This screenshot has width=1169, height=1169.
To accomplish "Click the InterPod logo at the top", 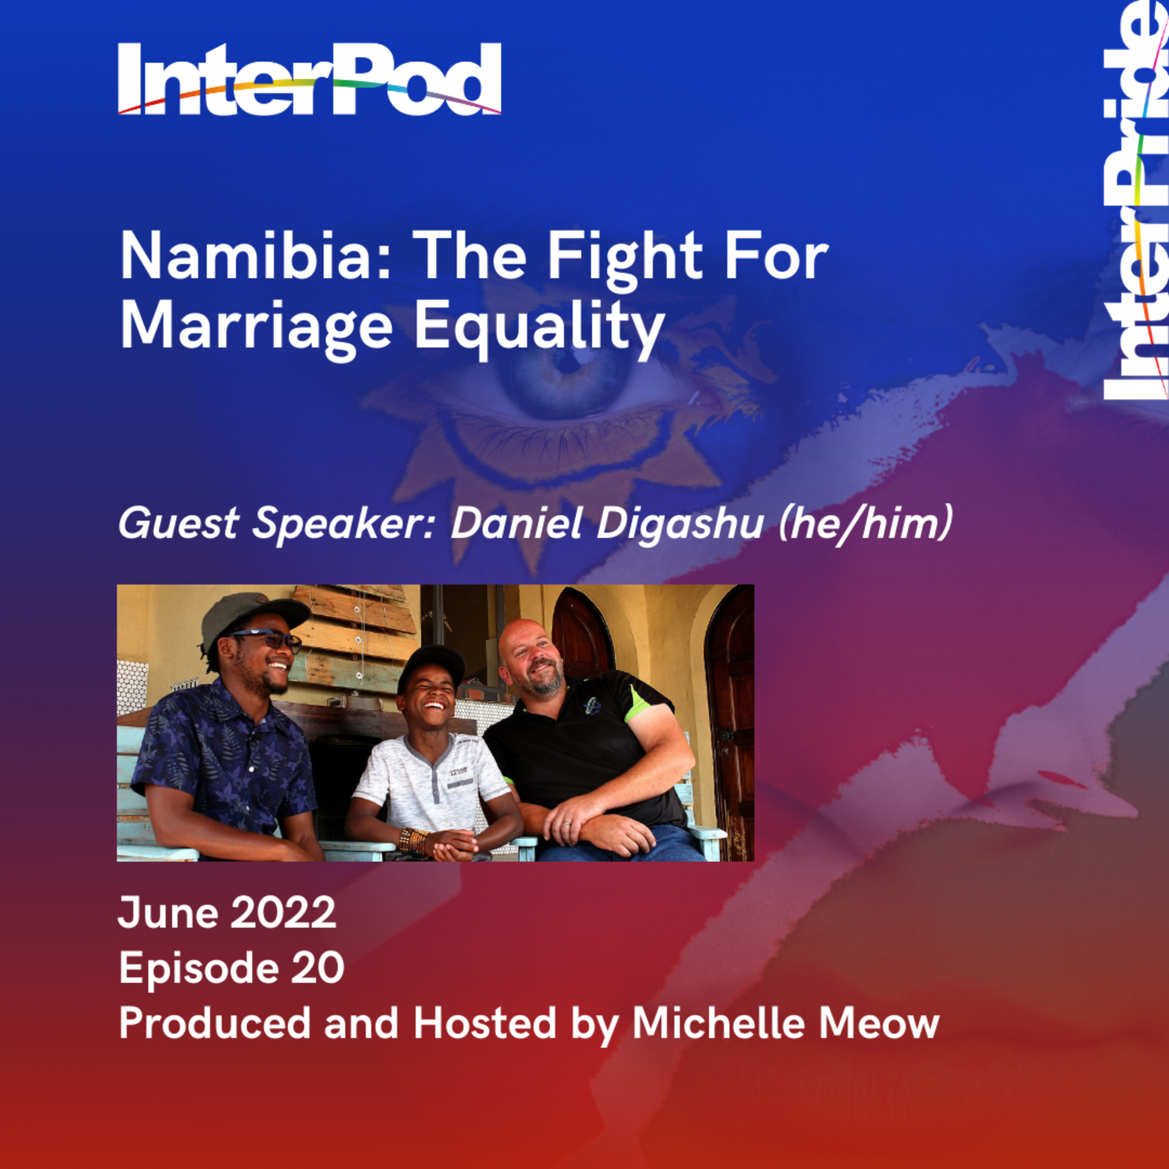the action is pyautogui.click(x=309, y=79).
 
